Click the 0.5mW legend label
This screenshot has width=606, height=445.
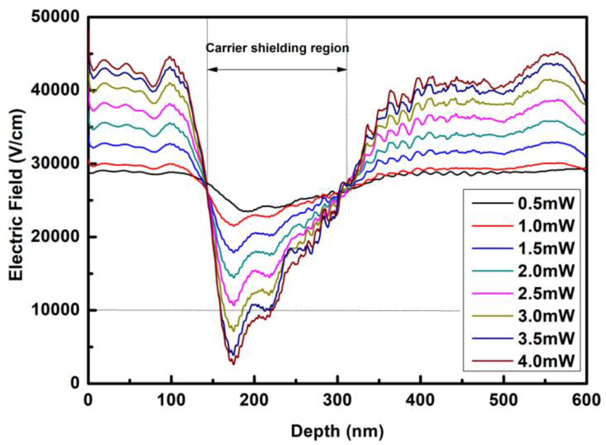[x=546, y=204]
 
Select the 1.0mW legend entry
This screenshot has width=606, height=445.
[x=546, y=226]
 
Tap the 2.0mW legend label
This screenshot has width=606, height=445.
[x=546, y=271]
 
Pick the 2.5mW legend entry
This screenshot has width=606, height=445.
[x=546, y=294]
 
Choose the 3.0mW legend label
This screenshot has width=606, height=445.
[x=546, y=316]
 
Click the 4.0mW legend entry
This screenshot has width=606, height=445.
[x=546, y=361]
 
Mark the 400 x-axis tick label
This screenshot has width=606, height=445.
[x=420, y=400]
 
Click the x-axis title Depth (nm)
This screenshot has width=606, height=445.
[x=337, y=432]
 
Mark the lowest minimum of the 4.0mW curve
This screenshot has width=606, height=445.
[x=234, y=364]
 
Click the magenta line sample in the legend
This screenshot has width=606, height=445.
[x=493, y=294]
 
